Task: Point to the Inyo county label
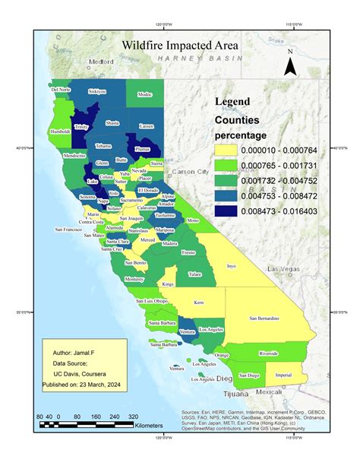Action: (x=232, y=266)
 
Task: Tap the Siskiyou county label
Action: (x=97, y=91)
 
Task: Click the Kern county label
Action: (x=199, y=303)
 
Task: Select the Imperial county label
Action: (x=283, y=375)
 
